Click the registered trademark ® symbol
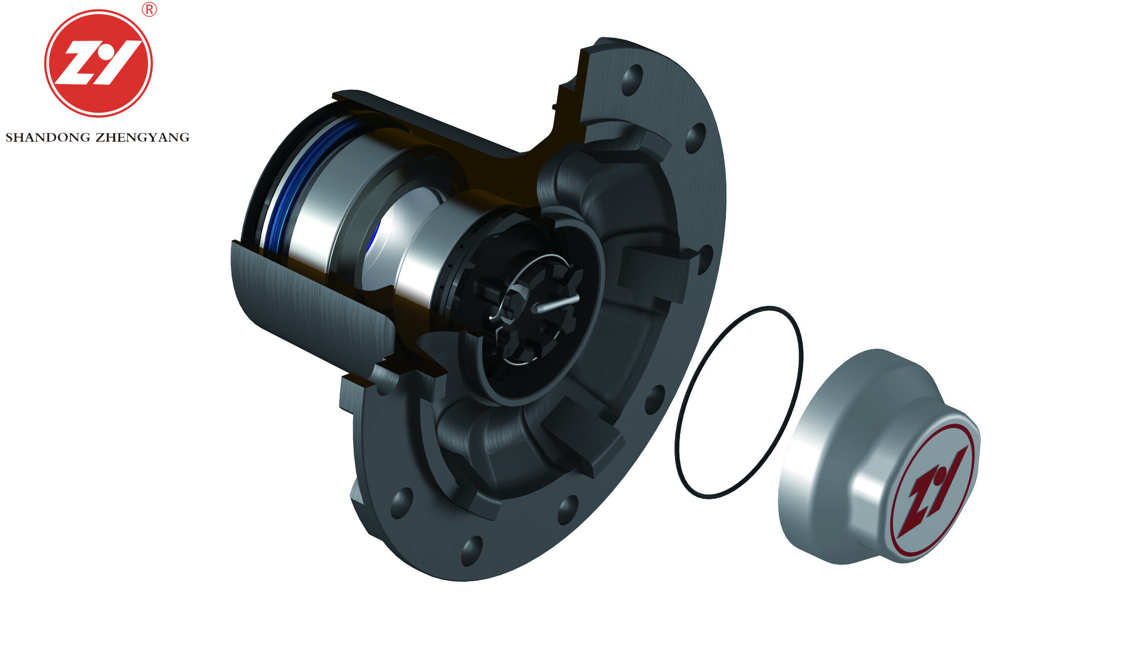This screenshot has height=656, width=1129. coord(149,9)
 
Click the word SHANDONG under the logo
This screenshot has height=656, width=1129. coord(48,138)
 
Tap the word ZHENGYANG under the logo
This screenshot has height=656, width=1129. coord(143,138)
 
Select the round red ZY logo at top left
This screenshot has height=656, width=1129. coord(98,63)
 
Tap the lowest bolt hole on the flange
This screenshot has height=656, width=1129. coord(471,550)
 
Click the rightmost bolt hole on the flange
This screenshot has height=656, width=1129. coord(705,259)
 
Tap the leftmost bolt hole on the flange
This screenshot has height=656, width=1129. coord(402,503)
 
